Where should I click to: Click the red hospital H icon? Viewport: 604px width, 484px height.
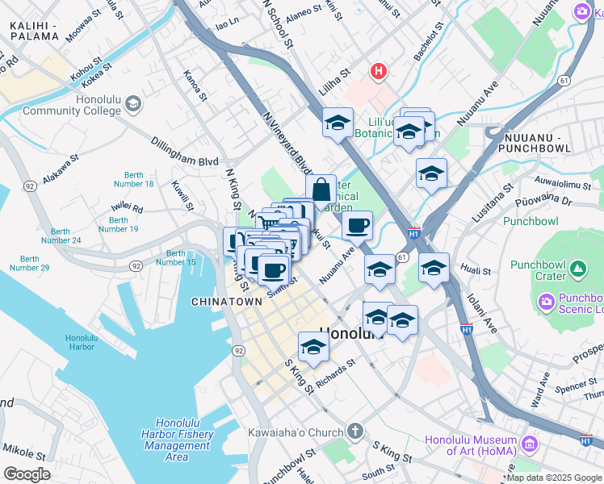[378, 73]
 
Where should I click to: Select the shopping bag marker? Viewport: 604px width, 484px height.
[321, 190]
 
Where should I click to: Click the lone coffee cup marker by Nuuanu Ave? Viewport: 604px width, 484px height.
[358, 226]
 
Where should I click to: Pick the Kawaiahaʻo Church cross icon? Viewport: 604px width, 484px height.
[354, 432]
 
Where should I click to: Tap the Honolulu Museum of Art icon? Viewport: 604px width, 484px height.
[529, 444]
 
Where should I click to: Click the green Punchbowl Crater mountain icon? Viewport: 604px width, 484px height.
[577, 268]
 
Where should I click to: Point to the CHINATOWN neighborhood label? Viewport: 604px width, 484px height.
[226, 301]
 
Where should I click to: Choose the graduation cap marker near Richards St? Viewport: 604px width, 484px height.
[313, 348]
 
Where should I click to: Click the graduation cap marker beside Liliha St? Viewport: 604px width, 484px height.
[338, 123]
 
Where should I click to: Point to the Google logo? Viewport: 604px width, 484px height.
[27, 474]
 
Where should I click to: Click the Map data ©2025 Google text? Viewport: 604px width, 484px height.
[553, 478]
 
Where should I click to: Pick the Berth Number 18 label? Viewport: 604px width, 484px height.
[139, 179]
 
